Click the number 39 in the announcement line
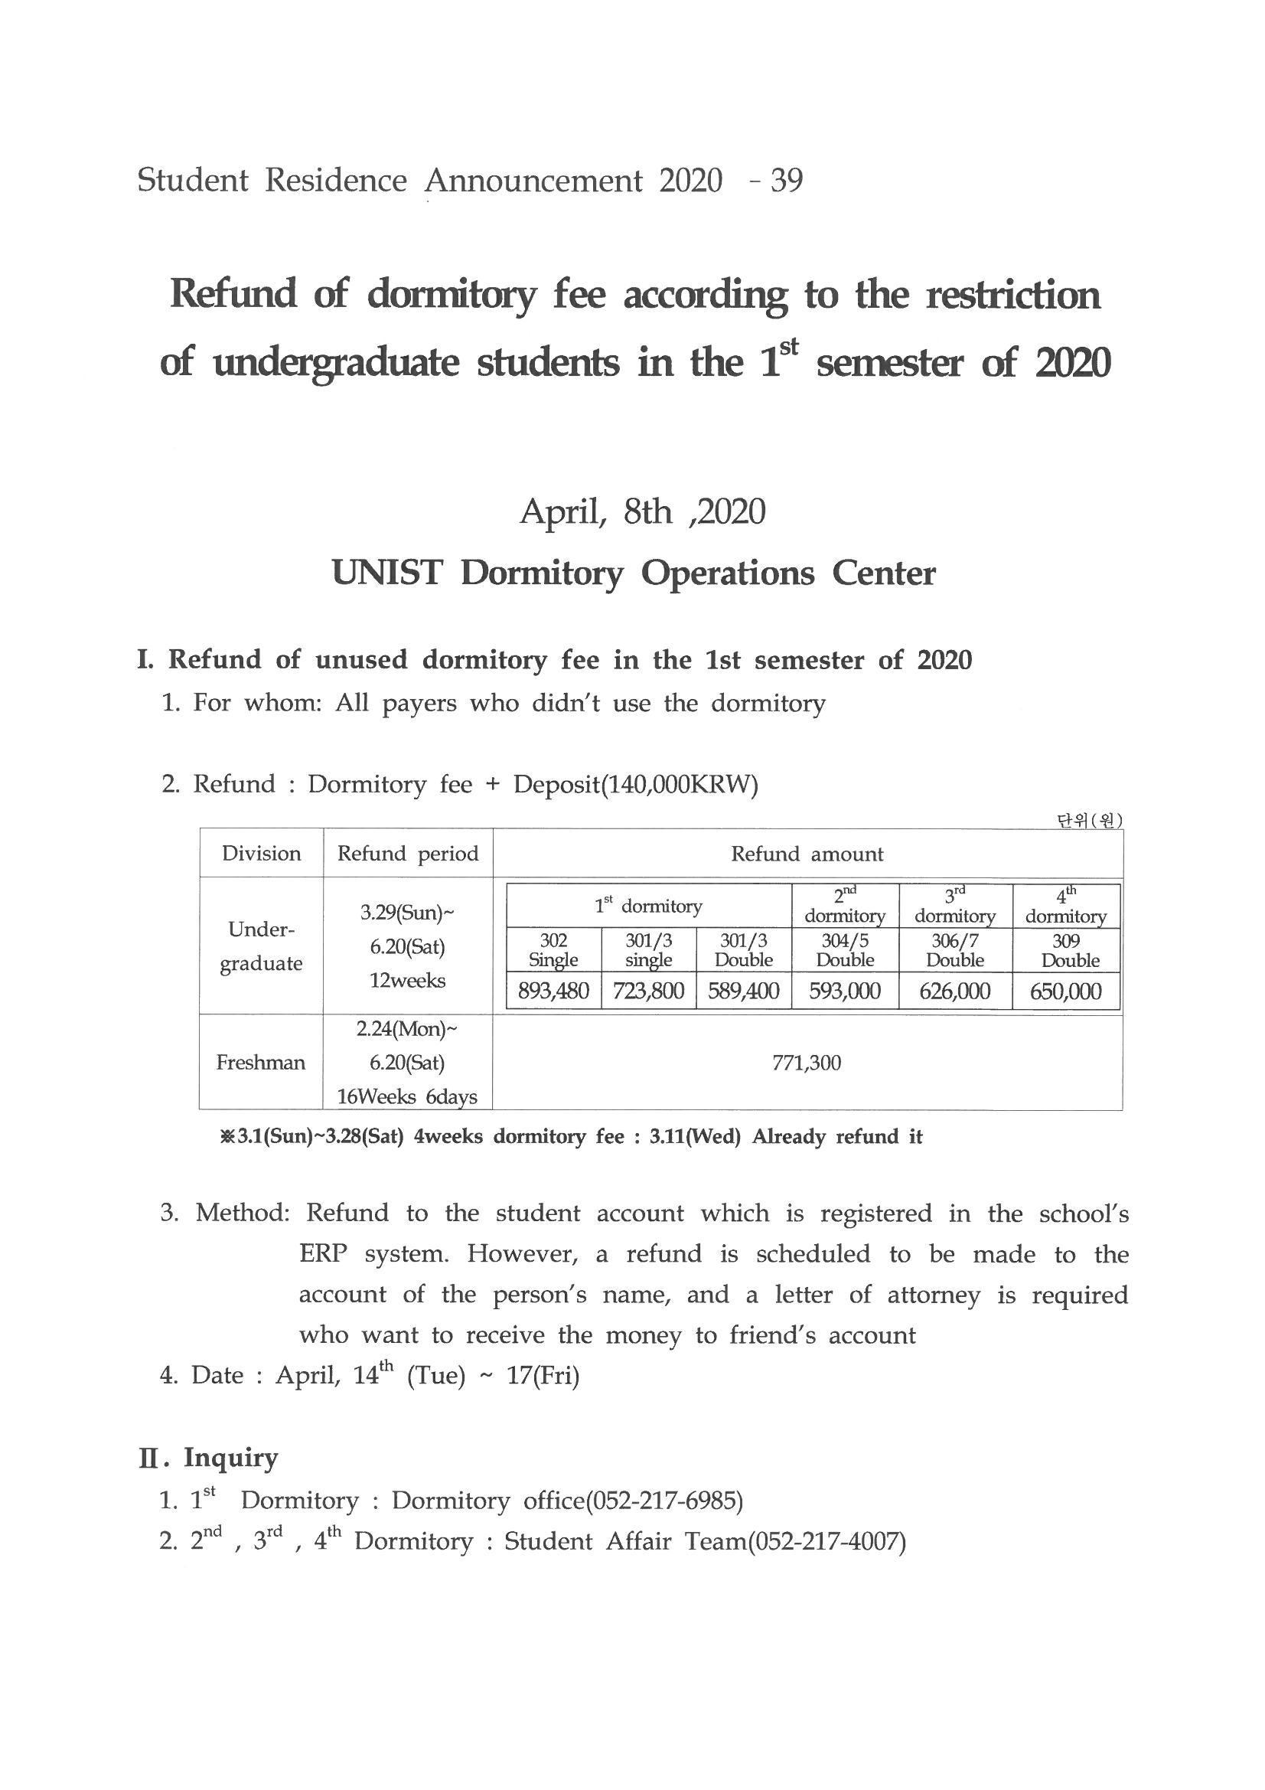coord(786,181)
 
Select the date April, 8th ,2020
coord(642,512)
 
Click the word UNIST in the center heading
coord(386,573)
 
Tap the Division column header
coord(261,854)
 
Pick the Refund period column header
coord(408,854)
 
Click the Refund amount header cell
coord(807,854)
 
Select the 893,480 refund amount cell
coord(553,991)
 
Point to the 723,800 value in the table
coord(648,991)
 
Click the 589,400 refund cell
coord(744,991)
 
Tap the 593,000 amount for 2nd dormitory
coord(845,991)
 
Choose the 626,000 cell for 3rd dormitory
coord(955,991)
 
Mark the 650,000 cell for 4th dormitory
coord(1065,991)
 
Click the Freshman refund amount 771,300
coord(807,1063)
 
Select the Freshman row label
coord(260,1063)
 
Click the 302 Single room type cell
coord(553,950)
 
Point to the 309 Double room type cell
coord(1066,950)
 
